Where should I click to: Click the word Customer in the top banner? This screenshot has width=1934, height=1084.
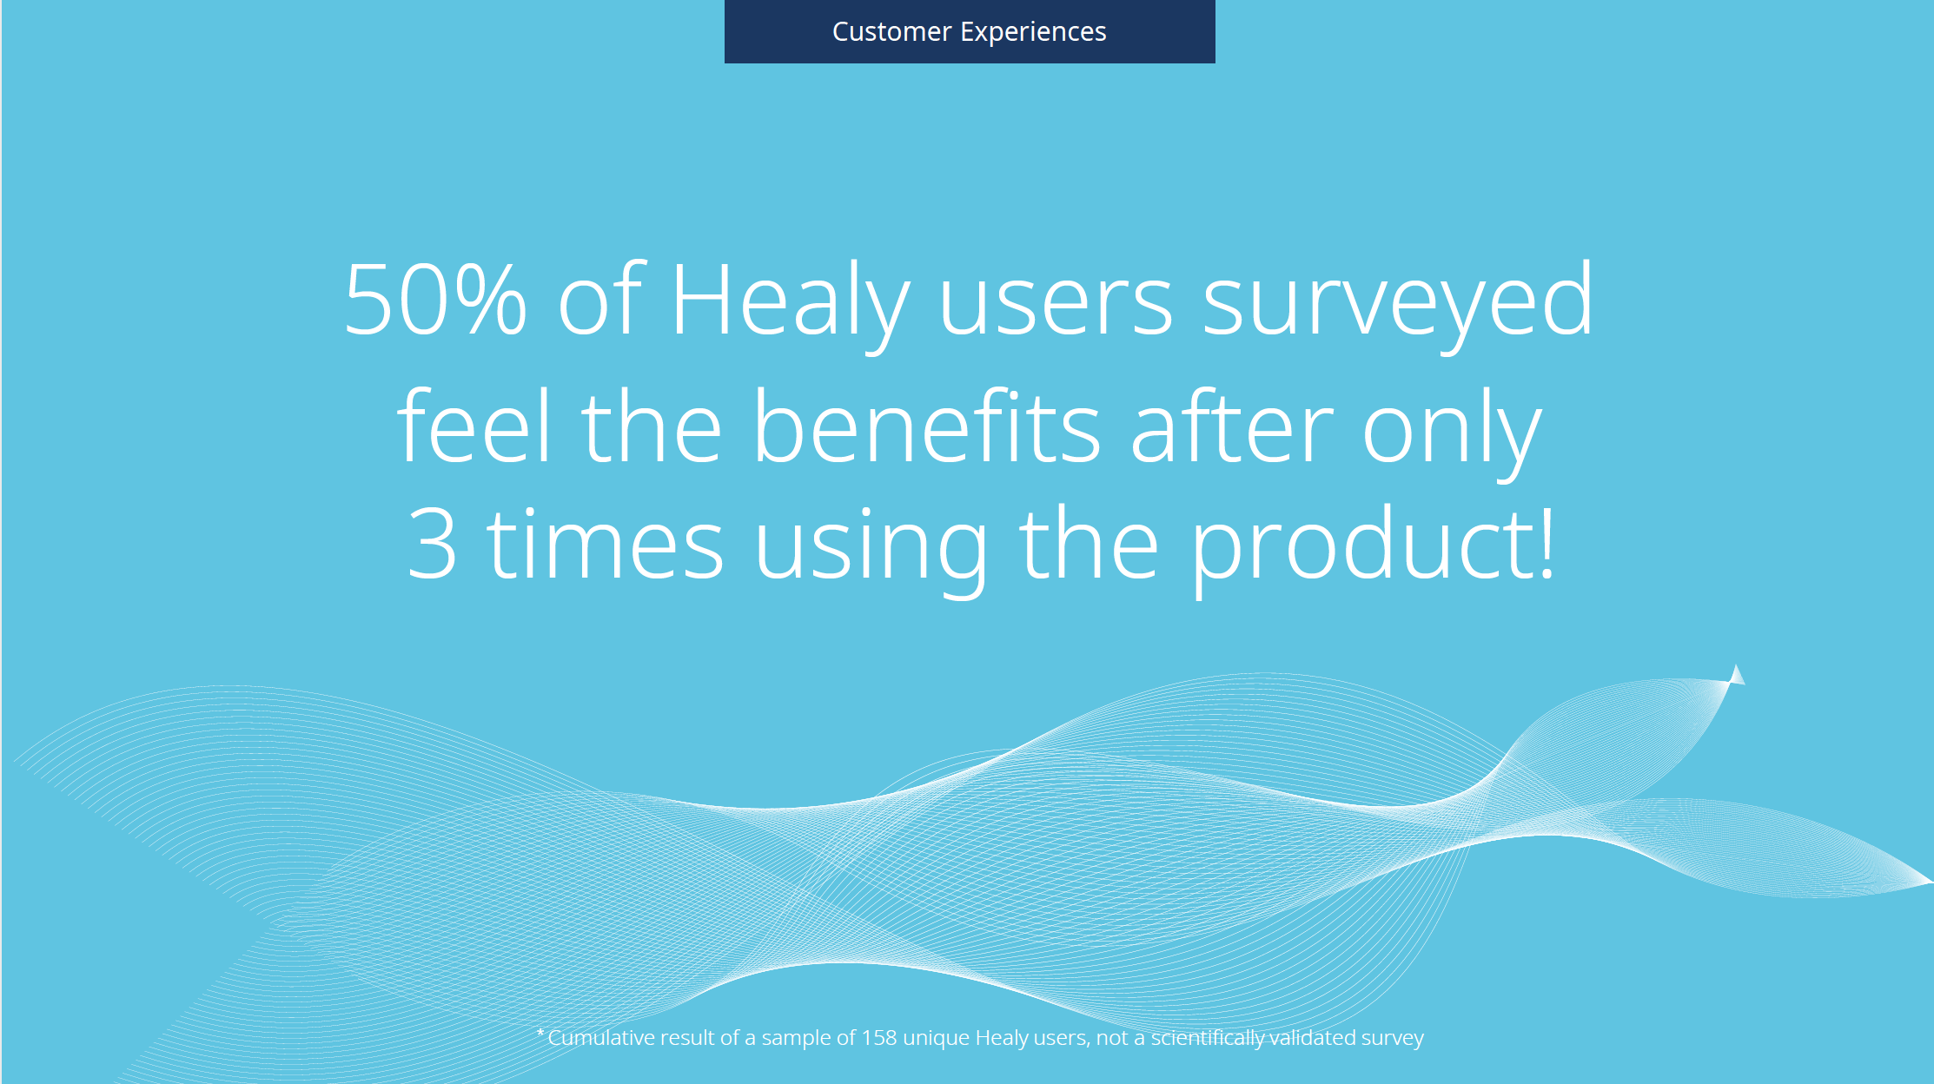pyautogui.click(x=891, y=32)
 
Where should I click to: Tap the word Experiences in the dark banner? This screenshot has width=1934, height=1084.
pyautogui.click(x=1033, y=33)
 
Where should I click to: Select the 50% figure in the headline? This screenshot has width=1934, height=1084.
pyautogui.click(x=435, y=300)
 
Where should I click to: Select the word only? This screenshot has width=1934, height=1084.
pyautogui.click(x=1452, y=431)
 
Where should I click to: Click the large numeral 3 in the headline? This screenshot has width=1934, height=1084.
pyautogui.click(x=432, y=544)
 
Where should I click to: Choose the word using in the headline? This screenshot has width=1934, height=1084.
pyautogui.click(x=871, y=550)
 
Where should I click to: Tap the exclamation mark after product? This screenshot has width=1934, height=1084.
pyautogui.click(x=1547, y=542)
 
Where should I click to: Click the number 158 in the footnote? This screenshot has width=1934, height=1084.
pyautogui.click(x=879, y=1038)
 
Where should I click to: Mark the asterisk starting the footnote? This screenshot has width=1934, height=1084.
pyautogui.click(x=540, y=1033)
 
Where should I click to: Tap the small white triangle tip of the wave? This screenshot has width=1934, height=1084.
pyautogui.click(x=1736, y=675)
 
